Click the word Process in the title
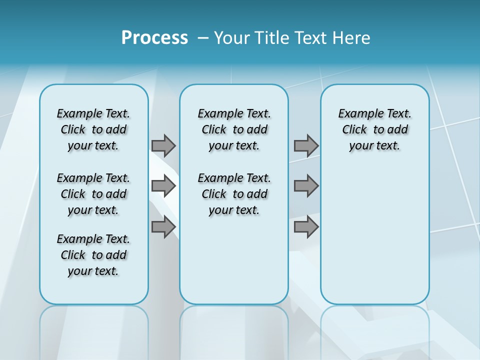pyautogui.click(x=154, y=38)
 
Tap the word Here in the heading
pyautogui.click(x=351, y=38)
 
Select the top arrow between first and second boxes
pyautogui.click(x=163, y=145)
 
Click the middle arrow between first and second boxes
pyautogui.click(x=163, y=186)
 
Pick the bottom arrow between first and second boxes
pyautogui.click(x=163, y=227)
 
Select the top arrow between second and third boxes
pyautogui.click(x=306, y=145)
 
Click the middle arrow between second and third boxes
pyautogui.click(x=306, y=186)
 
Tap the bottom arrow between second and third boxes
pyautogui.click(x=306, y=227)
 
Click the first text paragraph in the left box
pyautogui.click(x=93, y=129)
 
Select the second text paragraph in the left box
pyautogui.click(x=93, y=194)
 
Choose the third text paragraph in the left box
pyautogui.click(x=93, y=255)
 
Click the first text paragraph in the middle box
pyautogui.click(x=234, y=129)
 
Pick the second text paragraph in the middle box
pyautogui.click(x=234, y=194)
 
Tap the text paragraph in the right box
pyautogui.click(x=374, y=129)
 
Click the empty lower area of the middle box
pyautogui.click(x=234, y=260)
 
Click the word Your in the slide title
pyautogui.click(x=232, y=38)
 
